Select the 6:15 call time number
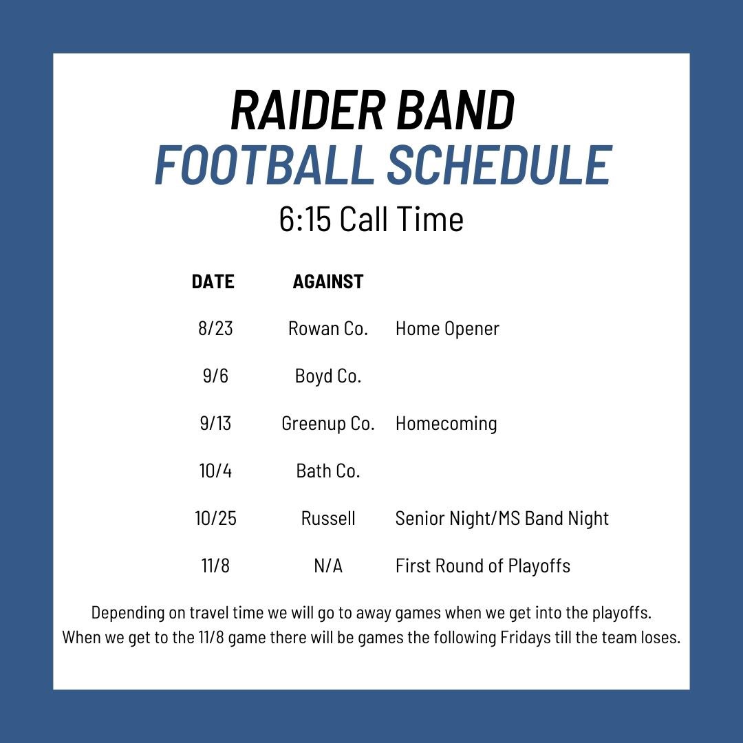305,220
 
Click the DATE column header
213,281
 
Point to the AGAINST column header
328,281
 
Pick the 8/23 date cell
215,329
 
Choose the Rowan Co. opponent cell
328,329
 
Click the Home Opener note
447,329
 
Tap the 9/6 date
215,376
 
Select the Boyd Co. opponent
328,376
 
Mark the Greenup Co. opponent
328,424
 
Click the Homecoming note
446,424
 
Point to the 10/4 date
215,471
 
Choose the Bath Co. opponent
328,471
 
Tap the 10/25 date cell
215,519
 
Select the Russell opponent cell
328,519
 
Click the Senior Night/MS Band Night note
502,519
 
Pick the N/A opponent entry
328,566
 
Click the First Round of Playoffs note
482,566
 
